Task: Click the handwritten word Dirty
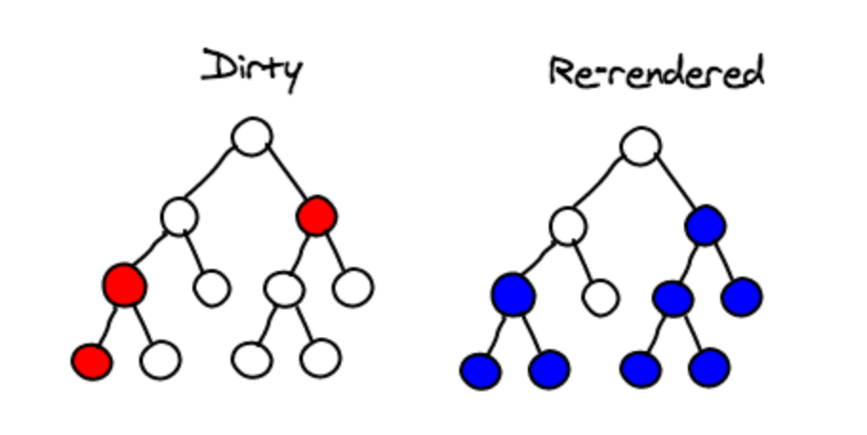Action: [251, 70]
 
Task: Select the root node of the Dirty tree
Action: [252, 137]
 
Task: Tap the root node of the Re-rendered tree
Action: [640, 147]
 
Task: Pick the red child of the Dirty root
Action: [316, 217]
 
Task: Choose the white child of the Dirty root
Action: [178, 217]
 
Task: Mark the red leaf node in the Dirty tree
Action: [91, 362]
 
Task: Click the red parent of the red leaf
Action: [125, 284]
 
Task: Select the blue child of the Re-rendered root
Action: [705, 226]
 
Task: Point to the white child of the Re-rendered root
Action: [568, 227]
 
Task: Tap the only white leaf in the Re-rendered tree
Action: [599, 298]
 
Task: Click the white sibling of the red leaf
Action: [160, 361]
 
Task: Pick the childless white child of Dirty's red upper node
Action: [353, 286]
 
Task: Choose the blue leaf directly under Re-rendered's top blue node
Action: [741, 297]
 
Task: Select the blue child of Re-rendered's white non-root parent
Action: [514, 294]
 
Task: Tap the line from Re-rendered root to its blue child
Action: [674, 187]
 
